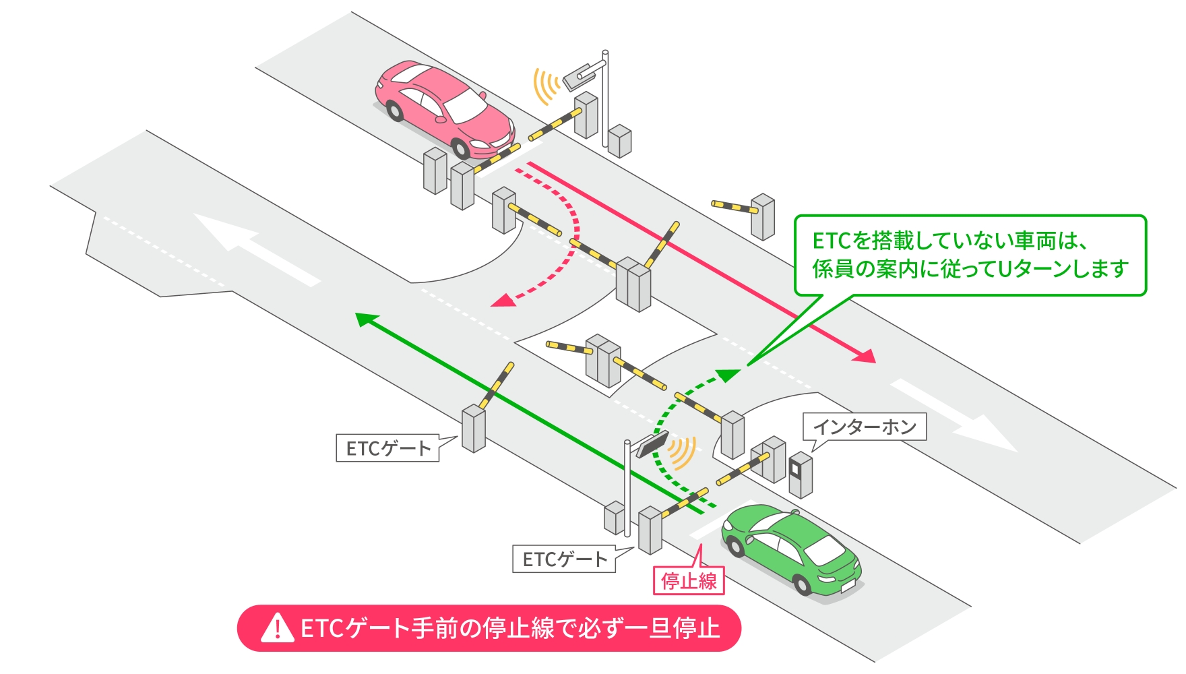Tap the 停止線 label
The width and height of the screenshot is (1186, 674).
point(689,581)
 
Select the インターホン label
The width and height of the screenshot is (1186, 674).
point(865,427)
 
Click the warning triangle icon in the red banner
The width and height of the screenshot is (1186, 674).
point(277,628)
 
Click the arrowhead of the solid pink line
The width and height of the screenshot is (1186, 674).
point(866,355)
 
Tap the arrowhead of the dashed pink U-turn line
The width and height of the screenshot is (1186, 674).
point(502,301)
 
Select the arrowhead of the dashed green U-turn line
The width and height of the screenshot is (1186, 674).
point(728,374)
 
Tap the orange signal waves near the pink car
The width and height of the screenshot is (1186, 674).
point(546,86)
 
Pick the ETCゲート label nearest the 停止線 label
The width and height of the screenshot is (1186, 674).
point(564,559)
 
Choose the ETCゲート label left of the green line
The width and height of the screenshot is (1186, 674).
point(387,448)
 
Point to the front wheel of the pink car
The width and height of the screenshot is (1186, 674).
point(461,148)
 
